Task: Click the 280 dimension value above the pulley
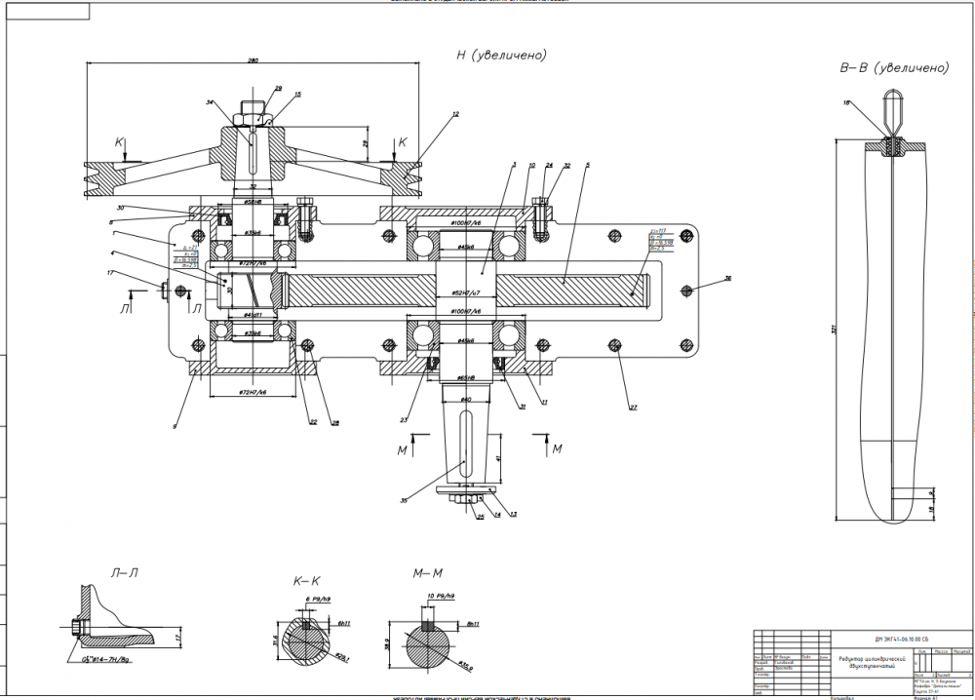253,61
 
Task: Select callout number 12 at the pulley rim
454,115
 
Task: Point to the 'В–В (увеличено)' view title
894,68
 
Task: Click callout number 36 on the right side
727,280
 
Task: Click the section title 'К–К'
307,582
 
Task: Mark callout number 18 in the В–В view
846,102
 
